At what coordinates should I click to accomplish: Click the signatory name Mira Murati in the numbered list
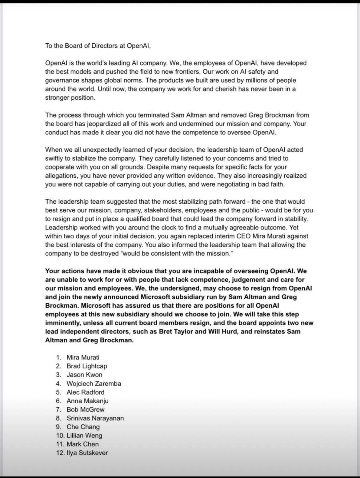click(x=83, y=357)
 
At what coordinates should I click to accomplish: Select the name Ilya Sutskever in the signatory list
click(x=87, y=453)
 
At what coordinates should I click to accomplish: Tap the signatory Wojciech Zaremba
click(x=94, y=384)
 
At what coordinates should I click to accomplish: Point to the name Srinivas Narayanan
click(x=95, y=418)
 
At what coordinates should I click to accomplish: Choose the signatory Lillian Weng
click(x=84, y=436)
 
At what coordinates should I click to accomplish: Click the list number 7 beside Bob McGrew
click(x=59, y=410)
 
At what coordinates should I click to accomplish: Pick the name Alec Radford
click(x=86, y=392)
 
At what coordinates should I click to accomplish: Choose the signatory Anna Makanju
click(x=87, y=401)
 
